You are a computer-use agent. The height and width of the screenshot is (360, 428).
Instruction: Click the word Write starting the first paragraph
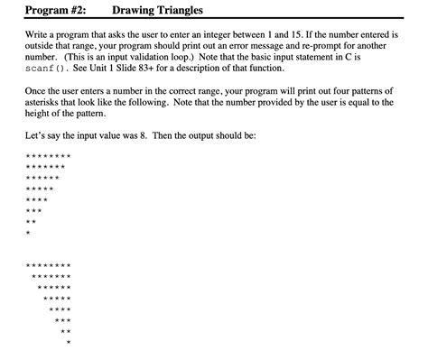[39, 33]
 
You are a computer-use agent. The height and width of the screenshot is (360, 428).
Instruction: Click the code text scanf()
[49, 69]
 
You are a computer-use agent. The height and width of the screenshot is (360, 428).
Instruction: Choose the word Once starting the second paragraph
[39, 93]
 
